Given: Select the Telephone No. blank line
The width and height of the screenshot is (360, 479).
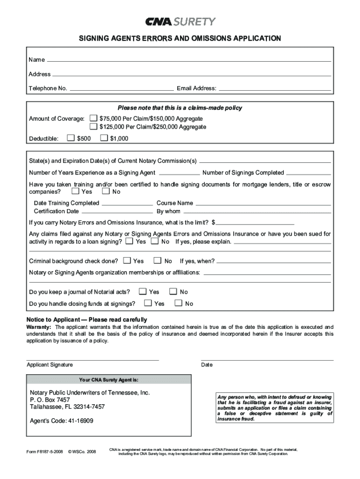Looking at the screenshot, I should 121,89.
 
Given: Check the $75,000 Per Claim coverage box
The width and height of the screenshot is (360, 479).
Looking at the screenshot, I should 94,119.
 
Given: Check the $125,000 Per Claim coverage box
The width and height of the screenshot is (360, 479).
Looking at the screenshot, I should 94,127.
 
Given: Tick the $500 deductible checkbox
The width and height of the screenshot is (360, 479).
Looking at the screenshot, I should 71,138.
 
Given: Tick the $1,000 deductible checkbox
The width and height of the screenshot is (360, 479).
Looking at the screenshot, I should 104,138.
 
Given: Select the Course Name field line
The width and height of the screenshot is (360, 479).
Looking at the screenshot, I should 263,204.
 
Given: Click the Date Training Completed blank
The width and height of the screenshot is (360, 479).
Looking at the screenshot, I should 127,204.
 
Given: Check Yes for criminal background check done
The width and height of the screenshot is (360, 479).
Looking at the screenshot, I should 127,261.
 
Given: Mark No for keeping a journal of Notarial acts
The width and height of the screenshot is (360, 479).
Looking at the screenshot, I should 173,291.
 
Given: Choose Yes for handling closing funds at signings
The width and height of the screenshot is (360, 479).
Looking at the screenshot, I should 148,303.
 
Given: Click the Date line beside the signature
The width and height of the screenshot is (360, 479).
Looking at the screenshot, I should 267,360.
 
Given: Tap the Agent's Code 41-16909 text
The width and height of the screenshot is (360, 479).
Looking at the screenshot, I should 62,421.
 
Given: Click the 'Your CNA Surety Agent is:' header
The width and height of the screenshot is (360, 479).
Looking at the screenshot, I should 108,379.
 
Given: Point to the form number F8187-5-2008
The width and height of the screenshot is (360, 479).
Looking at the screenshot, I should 44,451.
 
